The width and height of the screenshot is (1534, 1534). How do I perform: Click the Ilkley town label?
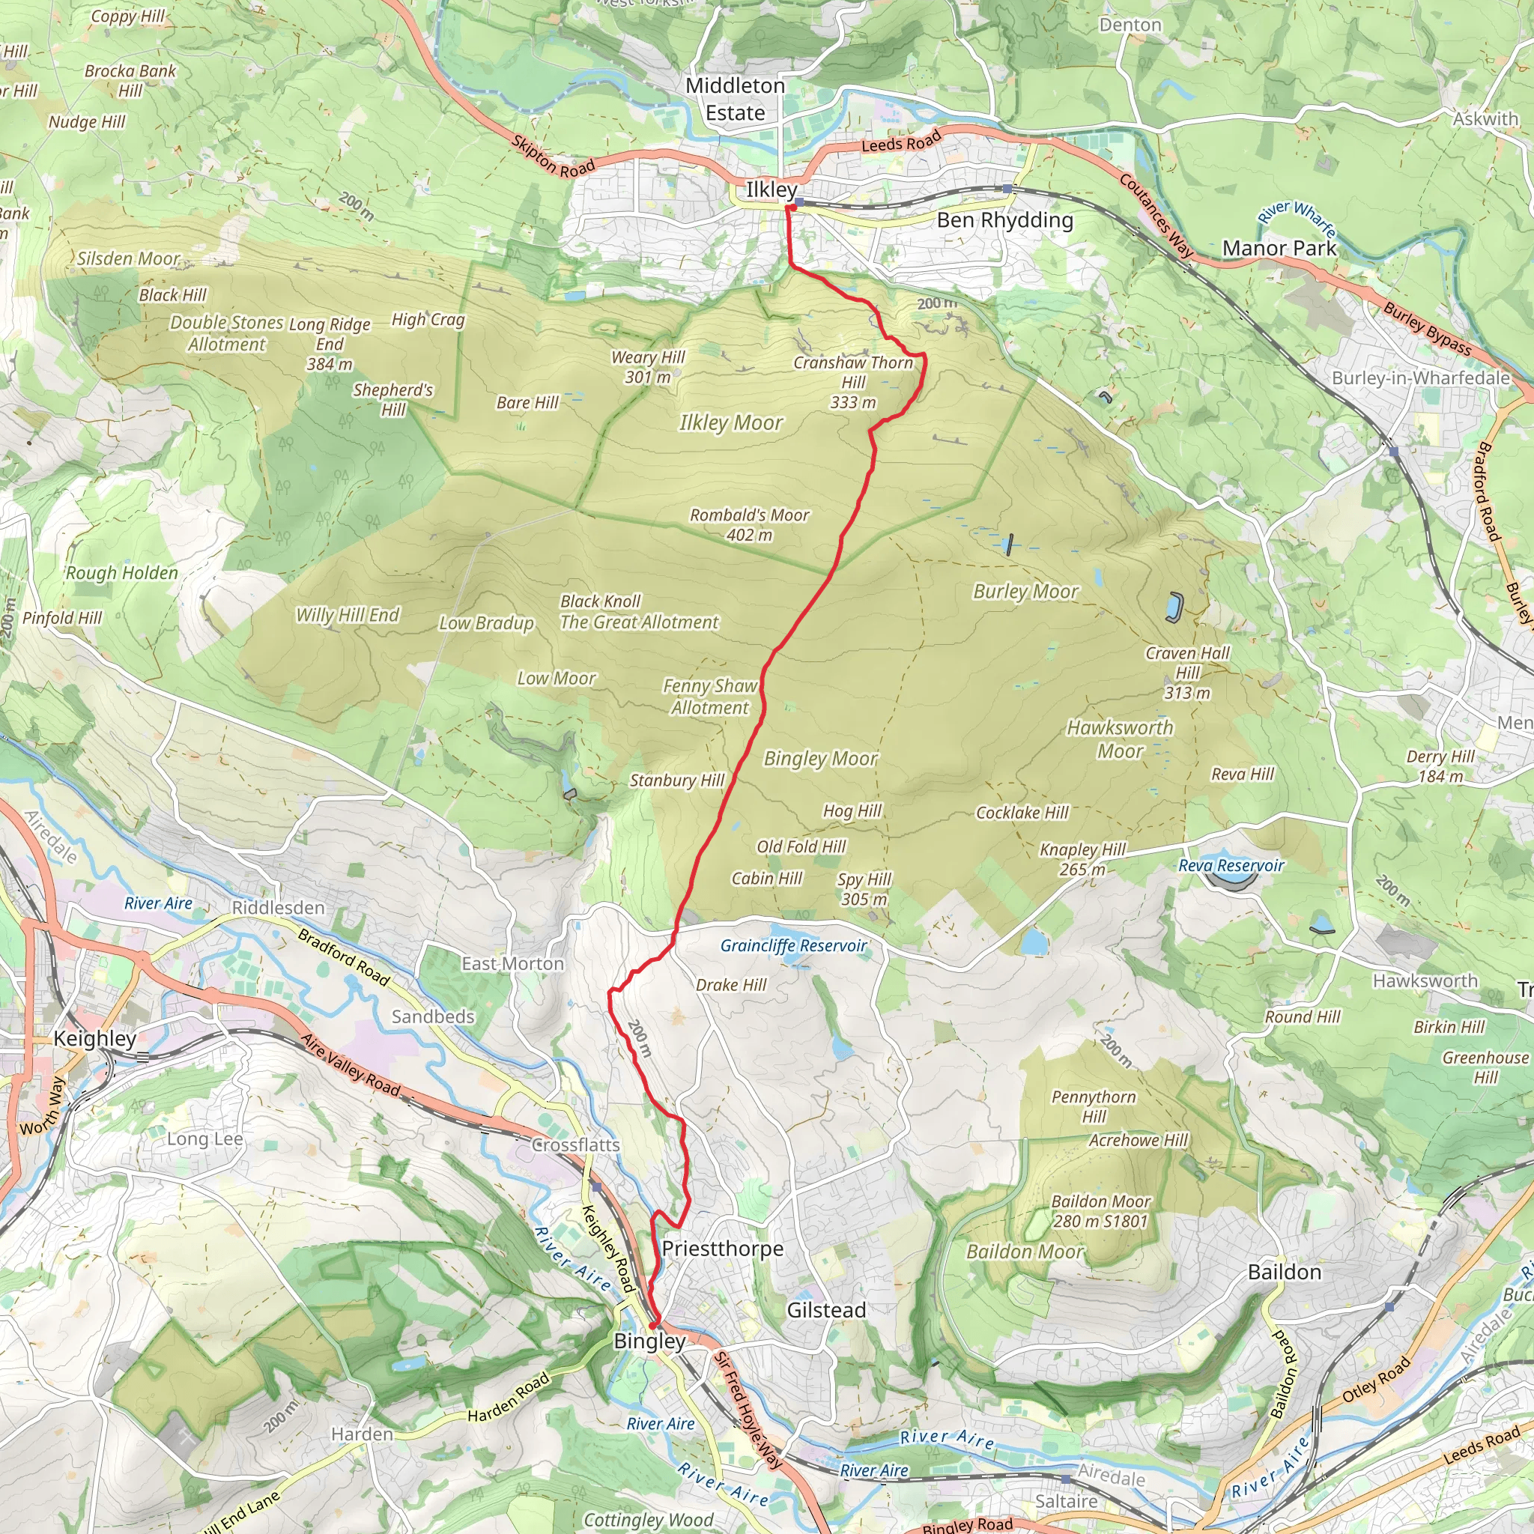pyautogui.click(x=770, y=190)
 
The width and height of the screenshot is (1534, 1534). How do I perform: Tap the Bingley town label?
pyautogui.click(x=649, y=1341)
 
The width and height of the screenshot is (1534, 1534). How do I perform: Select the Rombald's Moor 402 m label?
pyautogui.click(x=749, y=525)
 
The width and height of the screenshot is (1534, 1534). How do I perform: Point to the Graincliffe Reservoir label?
pyautogui.click(x=793, y=946)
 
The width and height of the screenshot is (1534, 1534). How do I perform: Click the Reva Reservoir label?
pyautogui.click(x=1231, y=865)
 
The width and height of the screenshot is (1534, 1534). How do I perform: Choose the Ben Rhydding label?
pyautogui.click(x=1004, y=220)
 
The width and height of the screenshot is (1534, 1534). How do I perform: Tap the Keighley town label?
pyautogui.click(x=94, y=1039)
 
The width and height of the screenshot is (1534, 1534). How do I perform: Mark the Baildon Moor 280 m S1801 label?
pyautogui.click(x=1100, y=1212)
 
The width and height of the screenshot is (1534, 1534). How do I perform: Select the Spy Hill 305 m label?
pyautogui.click(x=864, y=889)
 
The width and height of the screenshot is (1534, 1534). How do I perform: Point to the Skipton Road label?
pyautogui.click(x=553, y=157)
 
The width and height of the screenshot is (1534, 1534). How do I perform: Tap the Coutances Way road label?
pyautogui.click(x=1156, y=215)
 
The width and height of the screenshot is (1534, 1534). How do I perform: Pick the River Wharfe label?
pyautogui.click(x=1297, y=219)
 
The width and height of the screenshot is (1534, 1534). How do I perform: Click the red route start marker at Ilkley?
pyautogui.click(x=790, y=207)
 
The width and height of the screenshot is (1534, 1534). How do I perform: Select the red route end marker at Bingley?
pyautogui.click(x=653, y=1324)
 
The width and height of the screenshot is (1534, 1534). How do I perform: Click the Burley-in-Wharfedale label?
pyautogui.click(x=1420, y=378)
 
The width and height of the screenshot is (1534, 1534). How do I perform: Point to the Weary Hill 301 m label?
pyautogui.click(x=647, y=367)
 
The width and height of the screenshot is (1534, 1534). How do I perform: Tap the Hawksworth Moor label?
pyautogui.click(x=1120, y=739)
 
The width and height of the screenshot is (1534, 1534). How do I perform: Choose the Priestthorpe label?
pyautogui.click(x=723, y=1249)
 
